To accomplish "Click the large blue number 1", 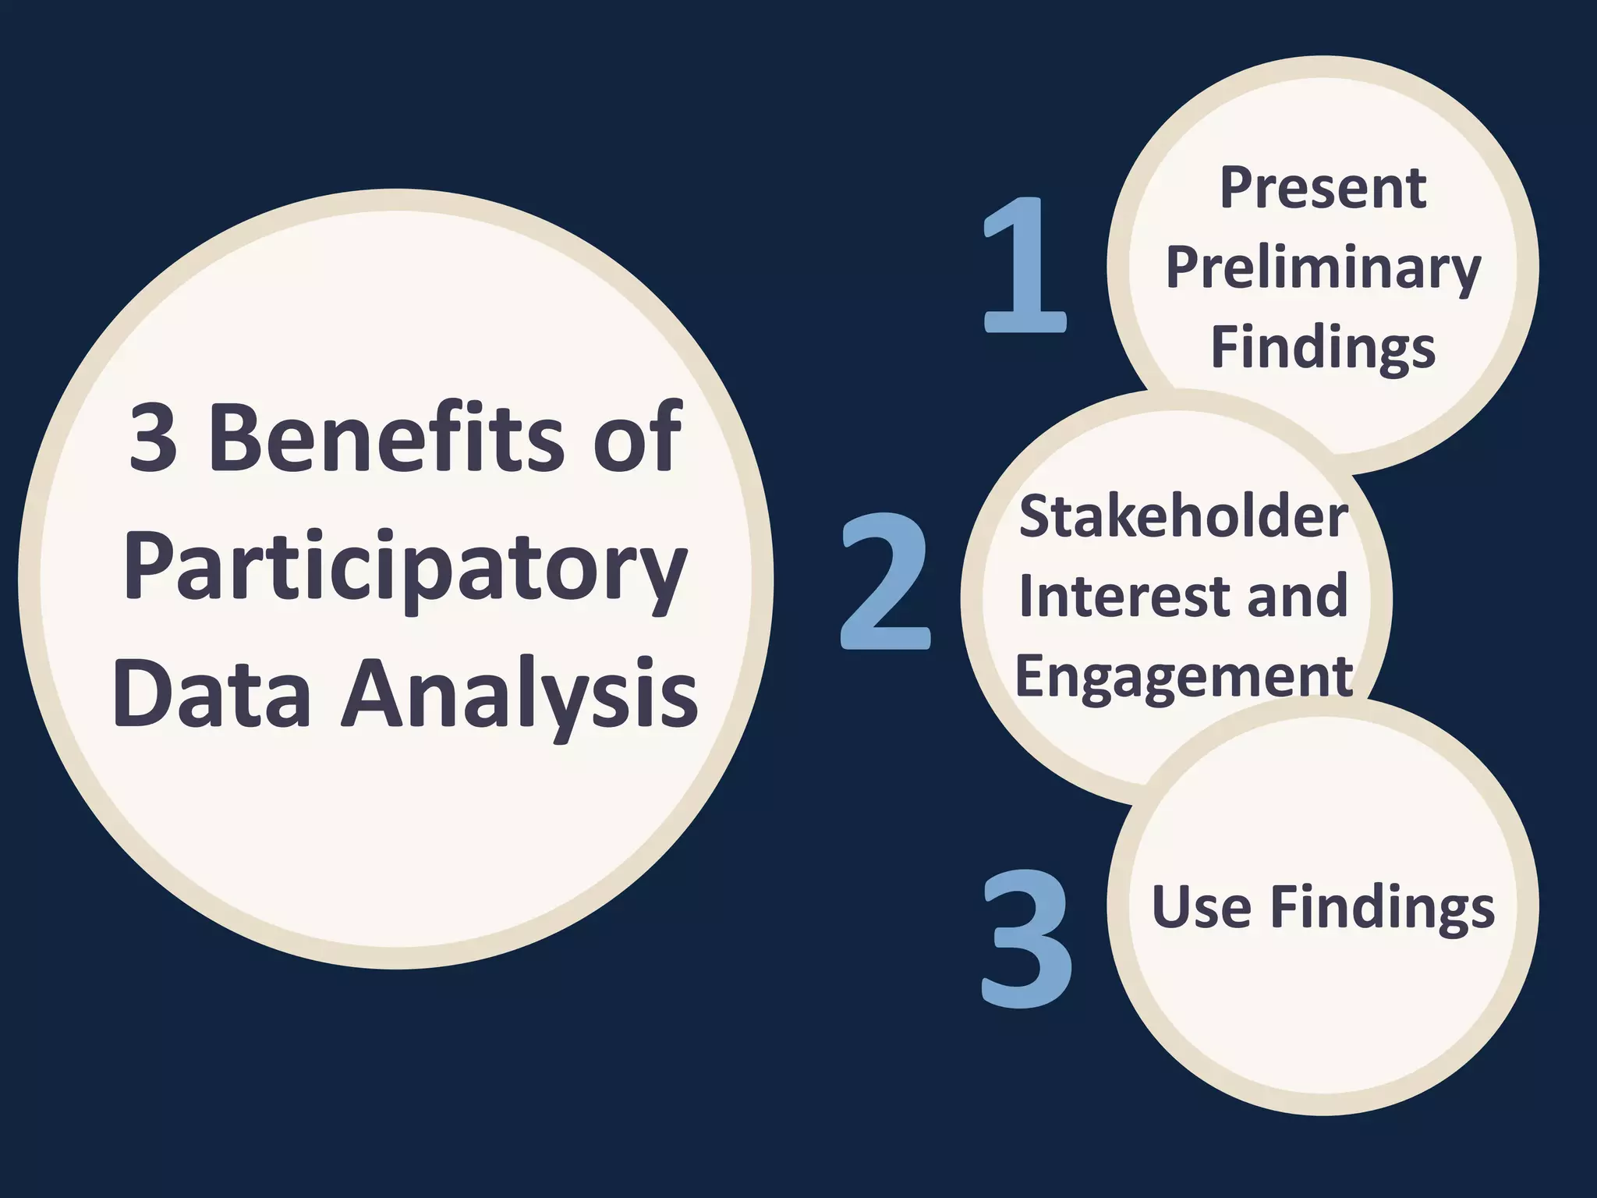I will tap(1025, 265).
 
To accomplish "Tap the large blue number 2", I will tap(886, 581).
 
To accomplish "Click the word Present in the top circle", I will tap(1323, 189).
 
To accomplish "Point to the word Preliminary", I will tap(1323, 269).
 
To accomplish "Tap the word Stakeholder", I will tap(1183, 516).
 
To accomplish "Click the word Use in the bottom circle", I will tap(1201, 907).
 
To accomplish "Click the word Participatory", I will tap(405, 568).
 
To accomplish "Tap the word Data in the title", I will tap(212, 693).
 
